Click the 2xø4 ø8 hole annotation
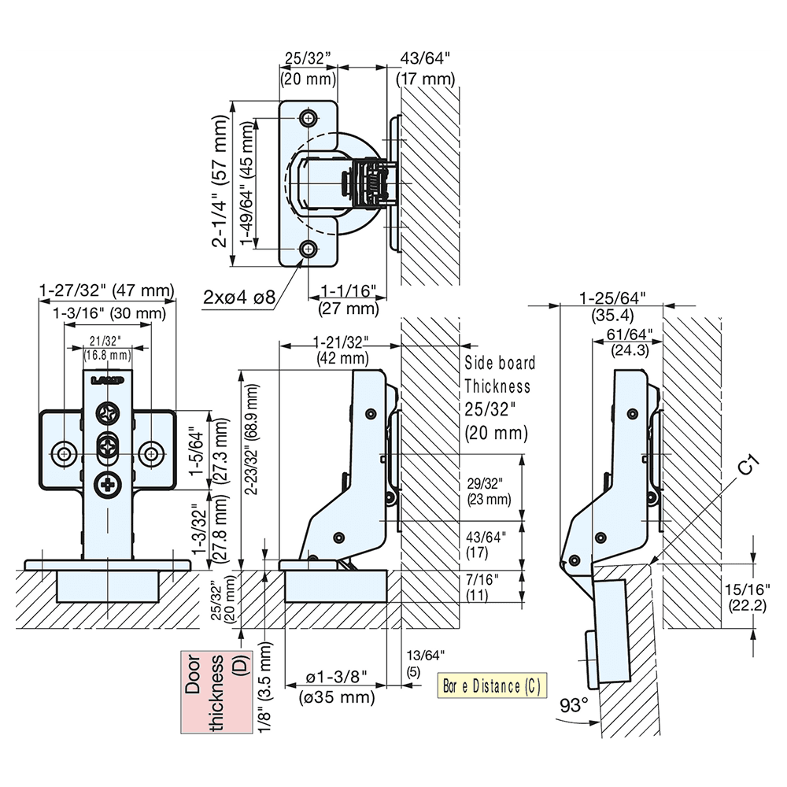click(x=238, y=297)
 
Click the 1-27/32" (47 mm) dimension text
click(x=106, y=291)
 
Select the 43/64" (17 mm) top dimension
click(x=427, y=68)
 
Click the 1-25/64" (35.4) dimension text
click(x=611, y=306)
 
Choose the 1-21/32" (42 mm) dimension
click(x=342, y=349)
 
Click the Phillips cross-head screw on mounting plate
click(x=106, y=486)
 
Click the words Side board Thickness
click(x=498, y=375)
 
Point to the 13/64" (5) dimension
click(x=426, y=663)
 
